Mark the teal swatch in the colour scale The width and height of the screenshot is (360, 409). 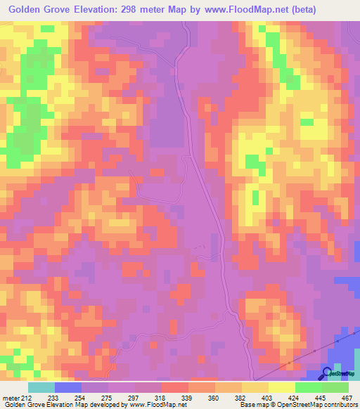pos(41,387)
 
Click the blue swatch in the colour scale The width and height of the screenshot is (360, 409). pos(68,387)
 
